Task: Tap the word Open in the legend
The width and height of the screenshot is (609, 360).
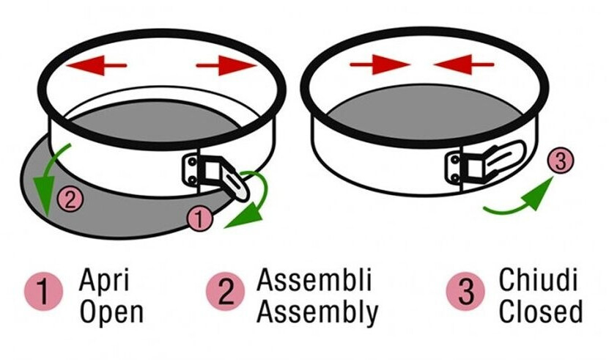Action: click(x=111, y=312)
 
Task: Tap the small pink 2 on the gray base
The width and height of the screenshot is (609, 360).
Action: click(x=67, y=199)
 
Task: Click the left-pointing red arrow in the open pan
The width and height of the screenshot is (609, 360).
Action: click(x=96, y=65)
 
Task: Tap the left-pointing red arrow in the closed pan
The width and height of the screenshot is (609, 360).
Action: click(x=463, y=65)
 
